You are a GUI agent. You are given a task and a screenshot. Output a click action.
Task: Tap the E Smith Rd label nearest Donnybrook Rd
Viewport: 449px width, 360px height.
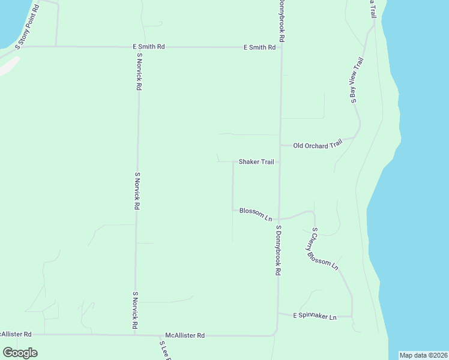tap(259, 47)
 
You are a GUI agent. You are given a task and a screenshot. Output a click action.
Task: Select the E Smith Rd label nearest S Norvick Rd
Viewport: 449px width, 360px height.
tap(149, 46)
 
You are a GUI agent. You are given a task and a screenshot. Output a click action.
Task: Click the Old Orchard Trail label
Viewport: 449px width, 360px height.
tap(318, 144)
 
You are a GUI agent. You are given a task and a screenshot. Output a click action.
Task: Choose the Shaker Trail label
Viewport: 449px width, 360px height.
tap(256, 161)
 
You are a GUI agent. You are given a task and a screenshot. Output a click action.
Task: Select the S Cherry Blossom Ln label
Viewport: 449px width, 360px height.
tap(325, 248)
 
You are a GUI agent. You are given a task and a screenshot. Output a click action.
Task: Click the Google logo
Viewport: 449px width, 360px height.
tap(20, 353)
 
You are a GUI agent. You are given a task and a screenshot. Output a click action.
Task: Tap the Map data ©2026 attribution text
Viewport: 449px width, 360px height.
tap(424, 355)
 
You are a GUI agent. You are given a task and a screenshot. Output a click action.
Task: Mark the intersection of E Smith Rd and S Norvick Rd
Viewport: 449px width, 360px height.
tap(139, 46)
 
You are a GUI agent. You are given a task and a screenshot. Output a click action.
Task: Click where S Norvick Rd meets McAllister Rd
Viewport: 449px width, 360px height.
tap(134, 335)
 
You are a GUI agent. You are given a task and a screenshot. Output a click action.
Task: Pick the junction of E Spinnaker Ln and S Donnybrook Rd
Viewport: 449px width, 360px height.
tap(277, 313)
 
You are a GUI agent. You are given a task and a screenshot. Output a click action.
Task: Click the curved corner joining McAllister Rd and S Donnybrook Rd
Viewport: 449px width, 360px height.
tap(275, 332)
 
